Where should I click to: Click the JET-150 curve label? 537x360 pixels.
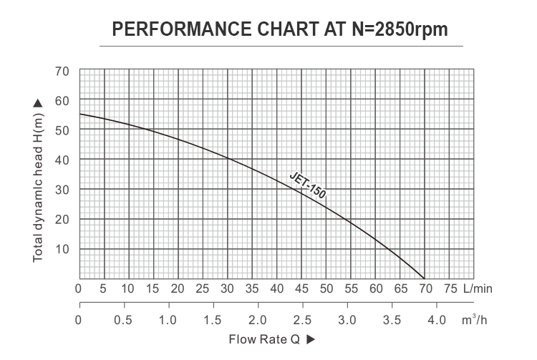[308, 185]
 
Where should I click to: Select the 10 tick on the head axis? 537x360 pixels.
[62, 248]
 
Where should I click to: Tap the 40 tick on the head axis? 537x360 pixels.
[62, 159]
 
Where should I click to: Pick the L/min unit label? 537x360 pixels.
[478, 289]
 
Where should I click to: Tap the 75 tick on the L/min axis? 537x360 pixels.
[450, 289]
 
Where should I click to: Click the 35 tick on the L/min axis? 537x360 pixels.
[252, 289]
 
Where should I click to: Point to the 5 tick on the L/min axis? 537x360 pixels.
[103, 289]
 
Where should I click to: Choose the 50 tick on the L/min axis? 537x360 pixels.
[326, 289]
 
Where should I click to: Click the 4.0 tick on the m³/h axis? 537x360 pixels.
[437, 319]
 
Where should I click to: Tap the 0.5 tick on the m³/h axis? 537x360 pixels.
[123, 319]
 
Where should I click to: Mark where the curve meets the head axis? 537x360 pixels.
[79, 115]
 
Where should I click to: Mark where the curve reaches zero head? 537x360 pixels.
[425, 278]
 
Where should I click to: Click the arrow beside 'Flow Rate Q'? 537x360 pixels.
[310, 339]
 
